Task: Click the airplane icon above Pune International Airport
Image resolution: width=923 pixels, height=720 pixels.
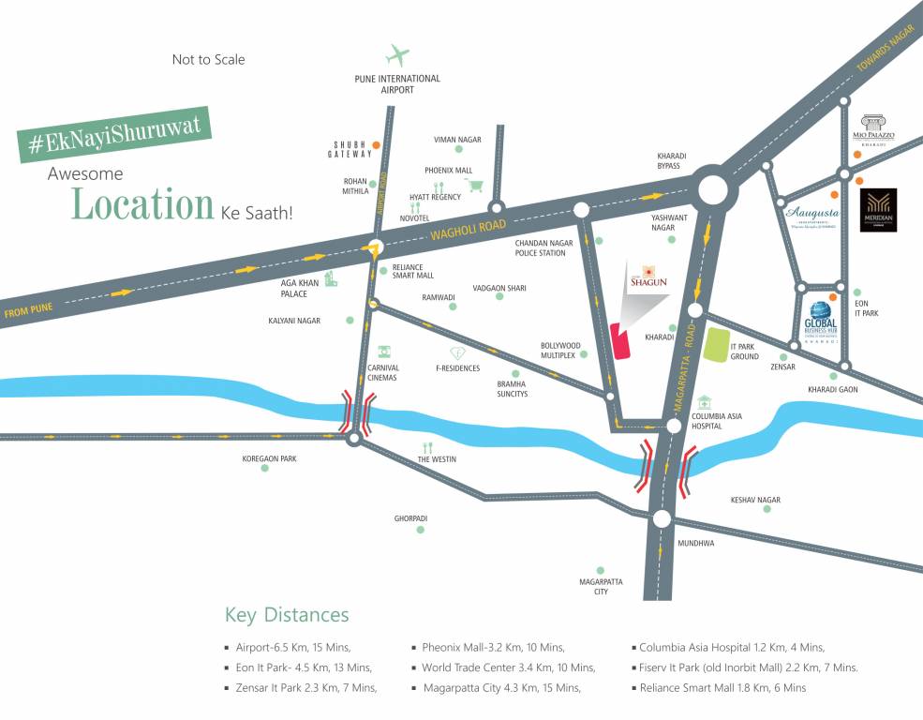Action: (x=398, y=55)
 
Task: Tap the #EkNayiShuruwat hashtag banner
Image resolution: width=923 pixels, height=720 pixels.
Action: (x=114, y=134)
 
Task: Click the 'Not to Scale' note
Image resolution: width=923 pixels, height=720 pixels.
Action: (x=208, y=59)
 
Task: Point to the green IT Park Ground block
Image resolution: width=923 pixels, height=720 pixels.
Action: (x=717, y=345)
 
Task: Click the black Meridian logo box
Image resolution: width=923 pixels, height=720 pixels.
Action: (x=878, y=210)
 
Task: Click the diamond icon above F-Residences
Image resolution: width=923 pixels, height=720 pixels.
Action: (x=457, y=353)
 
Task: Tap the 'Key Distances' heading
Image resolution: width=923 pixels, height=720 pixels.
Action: (x=287, y=615)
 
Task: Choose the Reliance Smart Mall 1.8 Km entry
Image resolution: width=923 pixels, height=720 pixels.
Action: (x=722, y=688)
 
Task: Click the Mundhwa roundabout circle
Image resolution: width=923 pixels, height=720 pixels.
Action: (x=662, y=519)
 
